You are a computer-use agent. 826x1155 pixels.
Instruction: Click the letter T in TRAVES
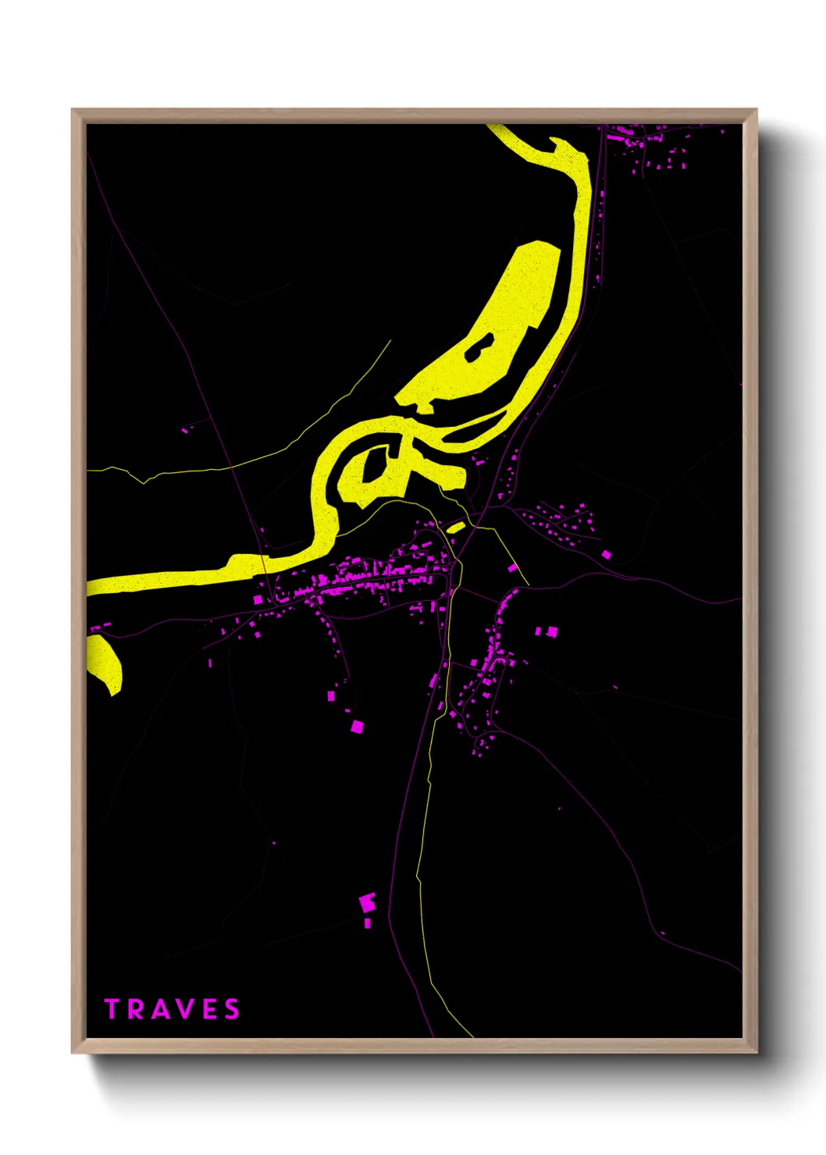(112, 1009)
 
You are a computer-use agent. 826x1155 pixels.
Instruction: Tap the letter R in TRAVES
(137, 1009)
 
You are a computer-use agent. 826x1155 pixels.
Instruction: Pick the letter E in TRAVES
(212, 1009)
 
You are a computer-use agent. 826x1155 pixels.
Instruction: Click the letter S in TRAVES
(233, 1009)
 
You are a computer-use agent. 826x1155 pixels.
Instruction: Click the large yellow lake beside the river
(500, 328)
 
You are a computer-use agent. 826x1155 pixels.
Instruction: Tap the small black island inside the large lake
(479, 346)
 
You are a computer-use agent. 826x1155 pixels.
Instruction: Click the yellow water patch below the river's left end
(106, 663)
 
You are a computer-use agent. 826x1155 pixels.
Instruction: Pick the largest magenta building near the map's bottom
(366, 902)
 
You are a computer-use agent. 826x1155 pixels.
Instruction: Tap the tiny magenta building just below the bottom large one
(368, 923)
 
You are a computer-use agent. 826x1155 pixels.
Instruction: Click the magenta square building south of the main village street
(357, 727)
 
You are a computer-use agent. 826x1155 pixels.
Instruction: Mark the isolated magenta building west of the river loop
(185, 429)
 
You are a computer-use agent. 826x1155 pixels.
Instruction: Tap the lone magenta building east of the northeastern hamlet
(606, 554)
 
